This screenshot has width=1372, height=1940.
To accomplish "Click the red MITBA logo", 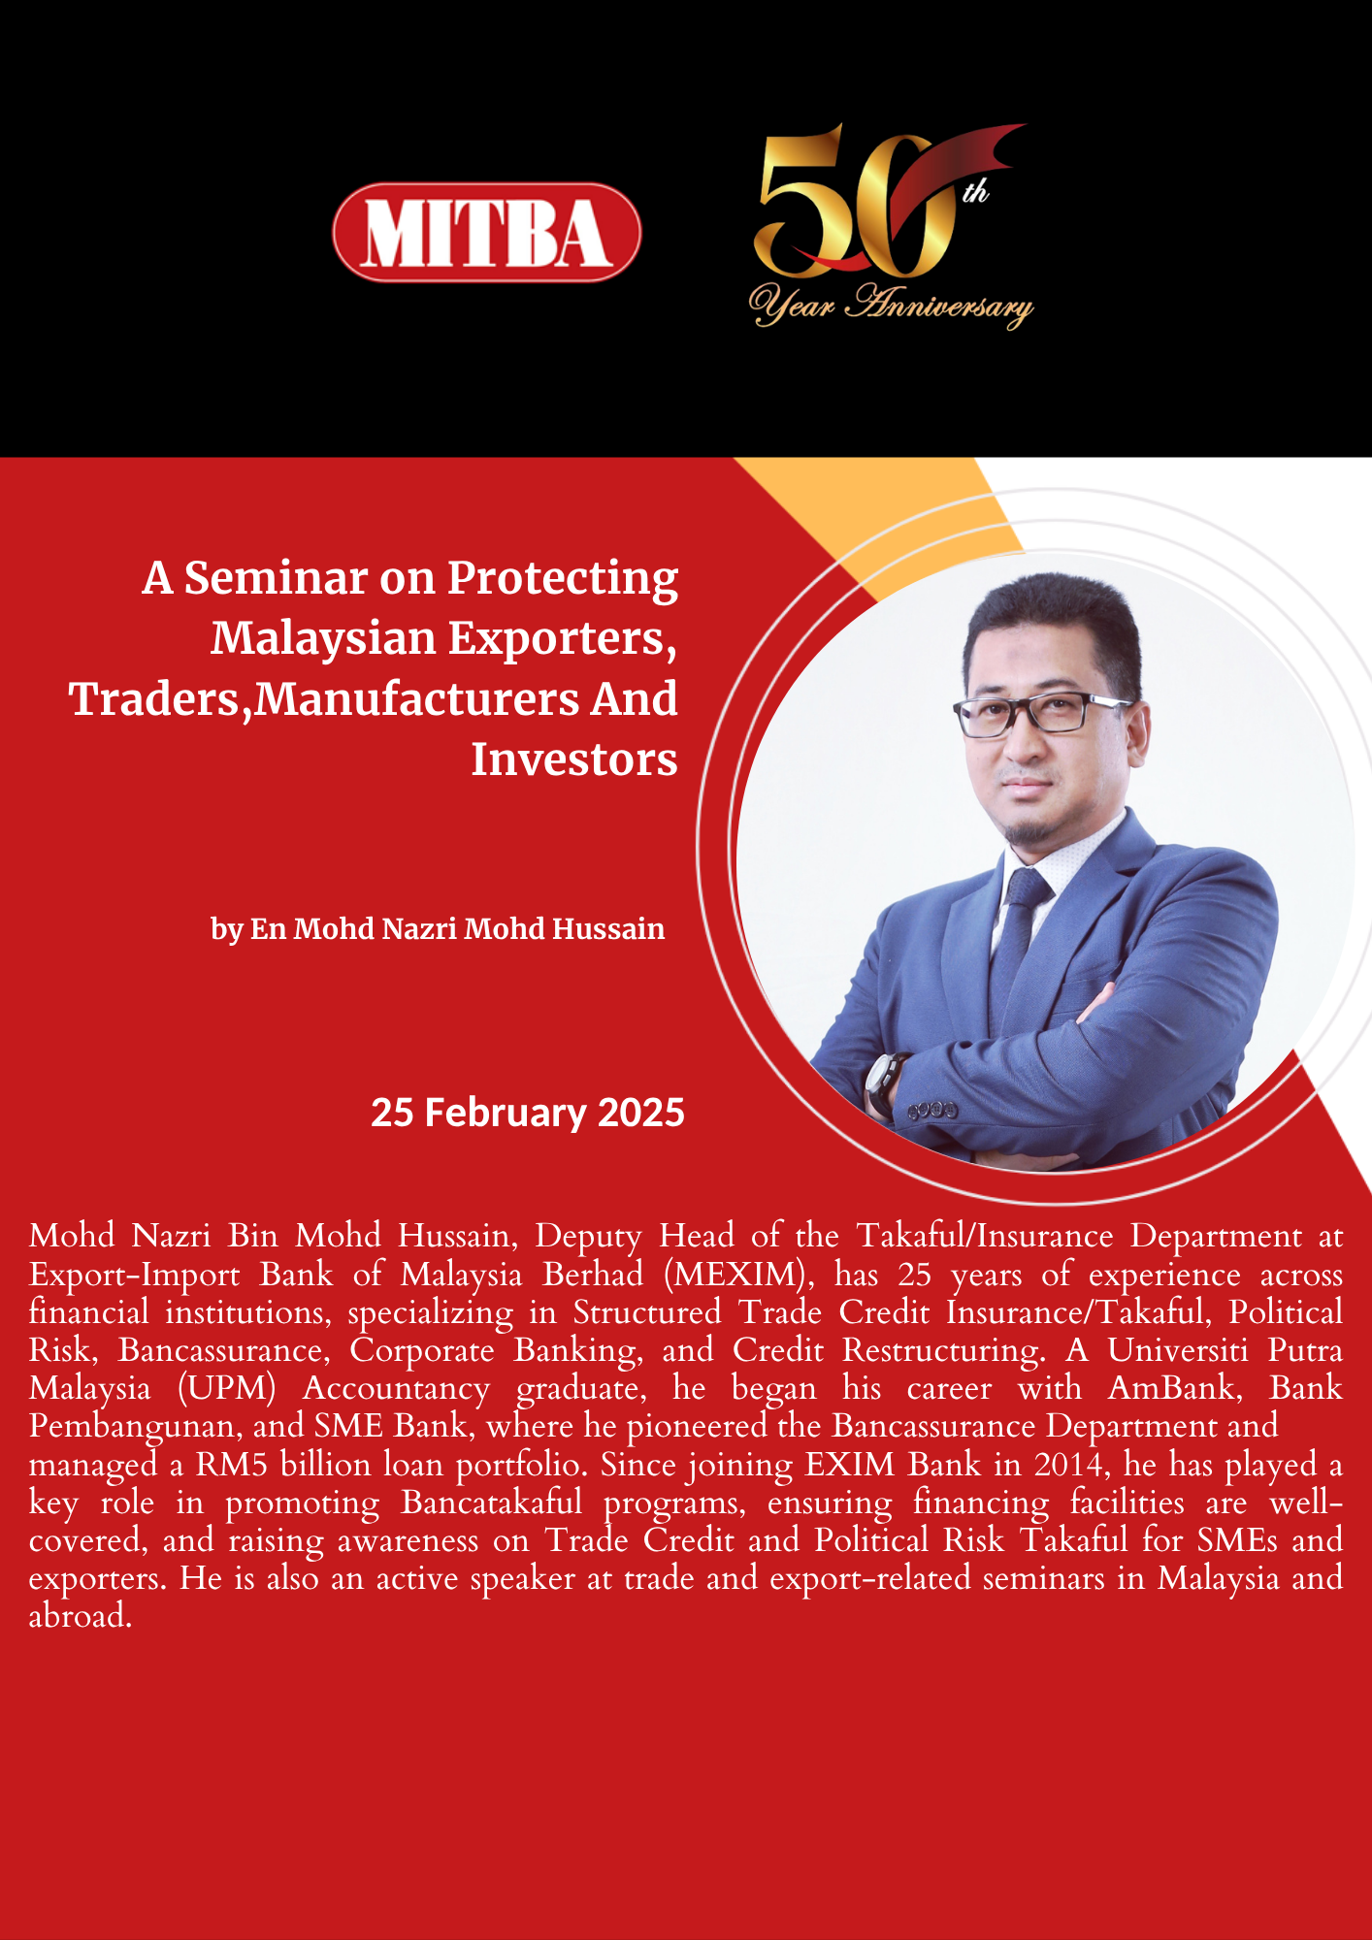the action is click(x=486, y=233).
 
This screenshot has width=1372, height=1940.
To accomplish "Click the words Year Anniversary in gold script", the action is click(x=891, y=305).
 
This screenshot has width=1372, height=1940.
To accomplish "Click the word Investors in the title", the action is click(x=574, y=759).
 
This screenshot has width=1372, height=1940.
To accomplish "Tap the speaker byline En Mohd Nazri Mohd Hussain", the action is click(x=458, y=928).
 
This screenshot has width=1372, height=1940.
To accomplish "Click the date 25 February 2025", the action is click(x=528, y=1113).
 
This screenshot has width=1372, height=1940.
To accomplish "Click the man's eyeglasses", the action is click(x=1043, y=714).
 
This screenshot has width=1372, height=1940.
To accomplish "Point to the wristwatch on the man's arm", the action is click(x=883, y=1082).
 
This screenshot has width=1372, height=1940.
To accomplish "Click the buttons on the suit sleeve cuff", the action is click(x=932, y=1109).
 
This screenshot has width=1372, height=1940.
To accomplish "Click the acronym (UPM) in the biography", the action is click(x=227, y=1387).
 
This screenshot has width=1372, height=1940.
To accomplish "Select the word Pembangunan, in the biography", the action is click(x=135, y=1426).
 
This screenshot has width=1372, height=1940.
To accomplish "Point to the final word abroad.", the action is click(x=80, y=1616).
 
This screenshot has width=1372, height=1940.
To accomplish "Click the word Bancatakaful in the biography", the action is click(x=492, y=1502).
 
